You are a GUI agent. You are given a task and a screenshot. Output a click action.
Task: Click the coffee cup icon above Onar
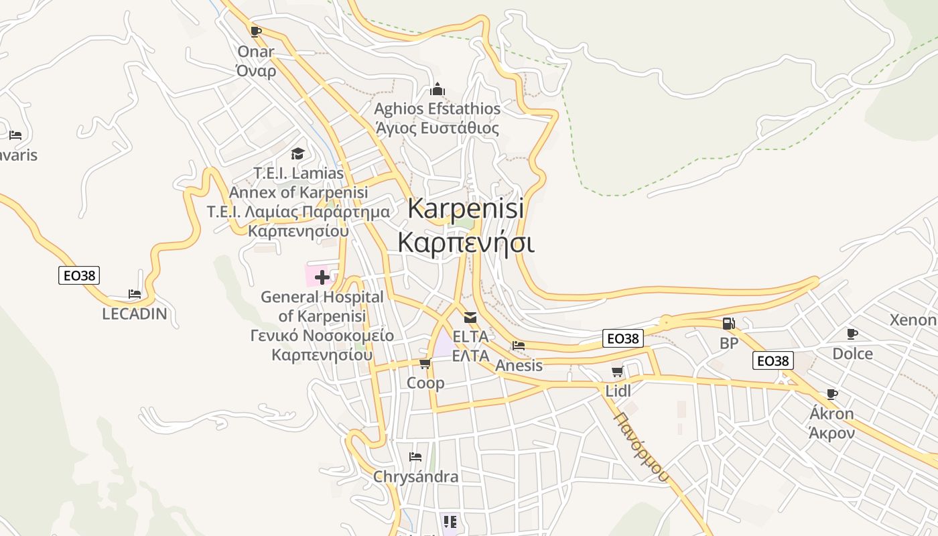coord(255,31)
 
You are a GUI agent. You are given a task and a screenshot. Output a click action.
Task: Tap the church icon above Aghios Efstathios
coord(438,89)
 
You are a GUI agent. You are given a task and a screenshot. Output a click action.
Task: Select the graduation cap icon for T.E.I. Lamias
coord(297,154)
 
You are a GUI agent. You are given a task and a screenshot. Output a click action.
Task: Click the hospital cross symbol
coord(322,277)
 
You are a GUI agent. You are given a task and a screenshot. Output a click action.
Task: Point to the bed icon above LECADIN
coord(135,294)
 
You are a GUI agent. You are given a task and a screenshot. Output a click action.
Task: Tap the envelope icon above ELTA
coord(470,318)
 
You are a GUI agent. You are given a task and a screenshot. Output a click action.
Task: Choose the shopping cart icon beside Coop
coord(425,364)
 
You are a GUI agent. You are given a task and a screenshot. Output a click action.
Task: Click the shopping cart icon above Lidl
coord(617,372)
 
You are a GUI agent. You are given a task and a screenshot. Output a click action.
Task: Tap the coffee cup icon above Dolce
coord(852,334)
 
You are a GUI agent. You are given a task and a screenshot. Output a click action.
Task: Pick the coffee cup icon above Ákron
coord(831,394)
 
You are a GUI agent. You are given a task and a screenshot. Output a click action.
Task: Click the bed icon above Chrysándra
coord(415,457)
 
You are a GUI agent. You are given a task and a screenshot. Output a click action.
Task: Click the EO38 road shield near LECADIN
coord(79,275)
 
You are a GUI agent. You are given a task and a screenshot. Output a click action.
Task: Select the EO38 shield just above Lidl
coord(623,338)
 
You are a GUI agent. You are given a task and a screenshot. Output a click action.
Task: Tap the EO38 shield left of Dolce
coord(773,360)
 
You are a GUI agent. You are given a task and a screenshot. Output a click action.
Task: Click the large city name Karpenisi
coord(466,208)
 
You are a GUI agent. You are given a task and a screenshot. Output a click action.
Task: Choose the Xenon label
coord(913,320)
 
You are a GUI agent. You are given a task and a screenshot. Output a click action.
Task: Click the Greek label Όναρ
coord(256,71)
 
